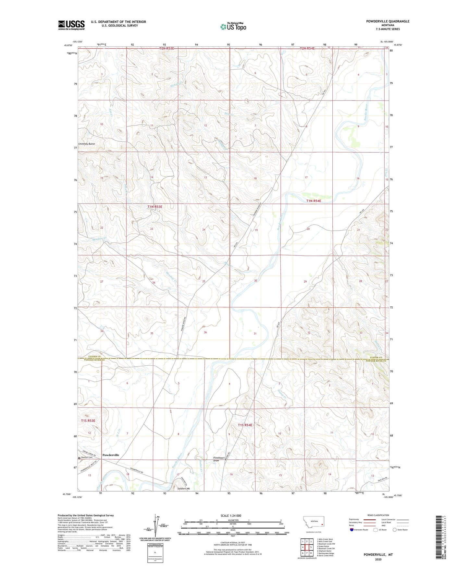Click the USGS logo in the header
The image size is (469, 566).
click(71, 25)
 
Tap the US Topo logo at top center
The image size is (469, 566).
click(233, 27)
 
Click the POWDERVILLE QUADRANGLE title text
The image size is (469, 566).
click(388, 21)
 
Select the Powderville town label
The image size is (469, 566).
click(111, 455)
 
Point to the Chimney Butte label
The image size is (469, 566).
click(87, 144)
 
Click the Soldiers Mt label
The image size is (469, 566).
click(184, 488)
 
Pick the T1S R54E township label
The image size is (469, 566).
click(245, 425)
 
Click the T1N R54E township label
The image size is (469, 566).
click(314, 201)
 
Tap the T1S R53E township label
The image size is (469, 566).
click(88, 420)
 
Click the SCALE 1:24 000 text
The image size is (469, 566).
click(231, 516)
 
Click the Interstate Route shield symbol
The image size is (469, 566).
click(352, 530)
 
